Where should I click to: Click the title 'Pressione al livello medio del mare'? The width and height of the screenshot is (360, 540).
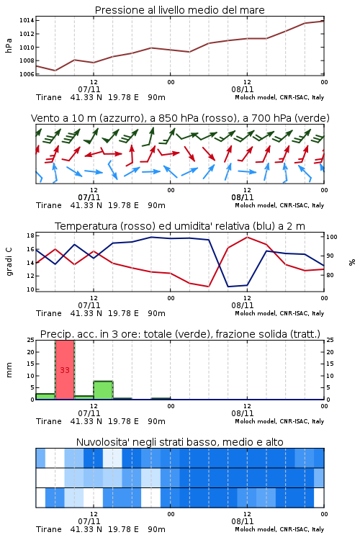click(x=179, y=10)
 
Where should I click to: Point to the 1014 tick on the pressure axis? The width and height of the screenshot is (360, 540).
click(x=27, y=21)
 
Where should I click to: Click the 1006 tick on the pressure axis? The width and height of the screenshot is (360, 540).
click(x=27, y=74)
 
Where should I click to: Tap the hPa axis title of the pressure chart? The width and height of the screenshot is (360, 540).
click(x=9, y=45)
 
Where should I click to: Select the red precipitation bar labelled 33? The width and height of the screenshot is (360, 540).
click(x=65, y=370)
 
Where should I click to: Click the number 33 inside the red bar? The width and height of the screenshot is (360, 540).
click(x=65, y=370)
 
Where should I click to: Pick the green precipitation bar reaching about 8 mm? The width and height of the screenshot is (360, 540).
click(x=104, y=390)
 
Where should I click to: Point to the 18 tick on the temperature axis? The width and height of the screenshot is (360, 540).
click(x=30, y=235)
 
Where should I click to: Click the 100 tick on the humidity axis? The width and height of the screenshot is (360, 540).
click(x=332, y=237)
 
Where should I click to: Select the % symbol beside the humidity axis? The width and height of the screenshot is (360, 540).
click(x=352, y=262)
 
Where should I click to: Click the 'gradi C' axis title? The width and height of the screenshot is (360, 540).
click(x=9, y=262)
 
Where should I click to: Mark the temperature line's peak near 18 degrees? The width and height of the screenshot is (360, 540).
click(x=247, y=237)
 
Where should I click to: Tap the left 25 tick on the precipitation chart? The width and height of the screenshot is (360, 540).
click(x=30, y=340)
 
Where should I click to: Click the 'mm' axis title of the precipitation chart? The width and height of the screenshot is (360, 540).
click(x=9, y=370)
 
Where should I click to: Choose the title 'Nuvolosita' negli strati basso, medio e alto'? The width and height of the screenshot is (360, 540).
click(x=179, y=442)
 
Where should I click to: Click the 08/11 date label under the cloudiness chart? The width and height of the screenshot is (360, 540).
click(x=242, y=521)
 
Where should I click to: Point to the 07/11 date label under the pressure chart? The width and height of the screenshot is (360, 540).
click(x=89, y=89)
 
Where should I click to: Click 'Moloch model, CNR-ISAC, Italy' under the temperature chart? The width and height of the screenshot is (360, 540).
click(x=279, y=313)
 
